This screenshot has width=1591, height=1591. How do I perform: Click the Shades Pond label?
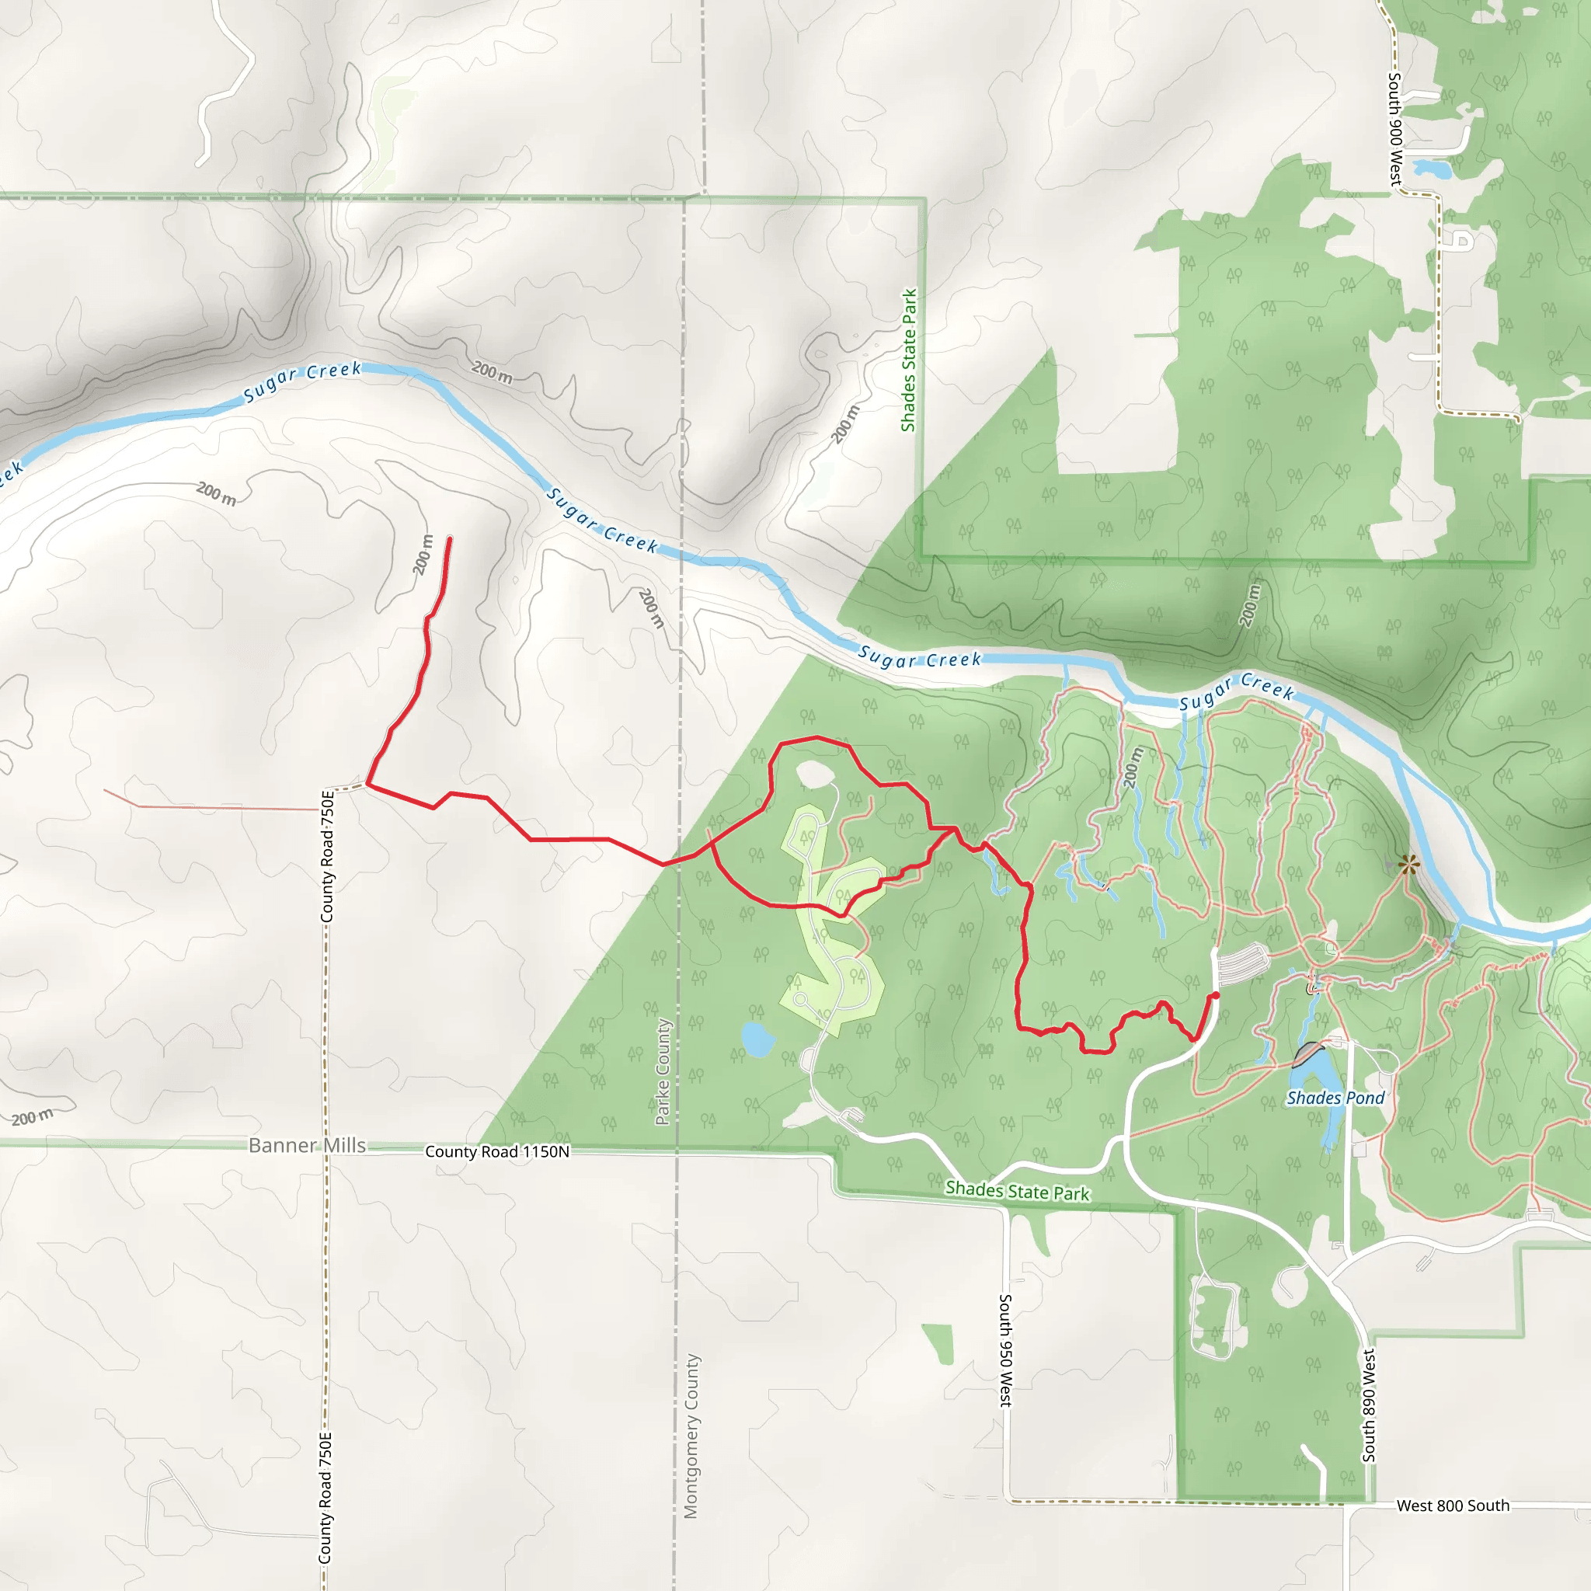pos(1335,1098)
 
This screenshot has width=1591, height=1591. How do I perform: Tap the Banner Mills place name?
pos(306,1146)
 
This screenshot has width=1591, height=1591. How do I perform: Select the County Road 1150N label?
pos(496,1151)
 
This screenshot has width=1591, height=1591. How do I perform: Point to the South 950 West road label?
pos(1005,1350)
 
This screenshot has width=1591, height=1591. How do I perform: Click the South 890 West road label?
pos(1369,1405)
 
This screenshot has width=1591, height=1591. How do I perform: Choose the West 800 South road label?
pos(1453,1506)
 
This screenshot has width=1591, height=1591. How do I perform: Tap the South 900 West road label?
pos(1395,129)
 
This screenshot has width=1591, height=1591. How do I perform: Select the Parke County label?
pos(663,1071)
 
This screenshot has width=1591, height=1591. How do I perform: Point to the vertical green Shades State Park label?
pos(909,360)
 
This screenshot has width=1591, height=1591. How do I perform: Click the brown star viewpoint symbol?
pos(1409,865)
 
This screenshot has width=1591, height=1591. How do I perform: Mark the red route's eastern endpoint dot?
pos(1216,996)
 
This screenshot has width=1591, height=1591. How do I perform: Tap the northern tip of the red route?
pos(450,538)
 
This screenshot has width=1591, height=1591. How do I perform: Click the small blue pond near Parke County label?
pos(757,1039)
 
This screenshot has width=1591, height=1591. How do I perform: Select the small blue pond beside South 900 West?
pos(1432,169)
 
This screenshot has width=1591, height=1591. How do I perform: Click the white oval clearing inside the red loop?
pos(813,774)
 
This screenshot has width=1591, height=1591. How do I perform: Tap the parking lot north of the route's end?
pos(1242,963)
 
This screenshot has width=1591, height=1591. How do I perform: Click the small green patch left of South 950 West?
pos(938,1343)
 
